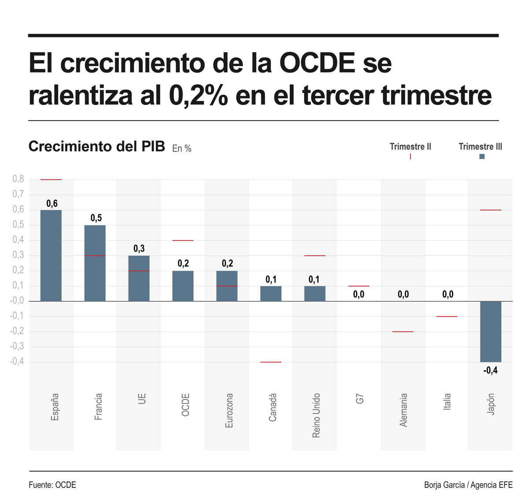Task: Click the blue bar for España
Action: [x=51, y=255]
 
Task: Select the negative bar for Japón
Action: [x=491, y=331]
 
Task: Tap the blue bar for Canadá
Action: [x=271, y=294]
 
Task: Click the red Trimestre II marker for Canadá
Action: [x=271, y=362]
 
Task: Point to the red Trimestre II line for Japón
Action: [x=491, y=210]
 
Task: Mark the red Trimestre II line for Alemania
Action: [x=403, y=332]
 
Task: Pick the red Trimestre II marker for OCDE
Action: [x=183, y=240]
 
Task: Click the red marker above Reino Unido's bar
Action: [x=315, y=255]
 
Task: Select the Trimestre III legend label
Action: [x=480, y=147]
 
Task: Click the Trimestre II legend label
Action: [x=410, y=147]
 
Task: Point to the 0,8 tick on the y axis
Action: [x=18, y=179]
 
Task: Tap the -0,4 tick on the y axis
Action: [x=17, y=362]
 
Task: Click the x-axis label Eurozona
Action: [x=229, y=410]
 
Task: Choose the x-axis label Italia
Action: [x=447, y=402]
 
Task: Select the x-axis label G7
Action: [x=359, y=399]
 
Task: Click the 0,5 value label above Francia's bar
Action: [x=96, y=218]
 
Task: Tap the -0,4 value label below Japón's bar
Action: [x=490, y=370]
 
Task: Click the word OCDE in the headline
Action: [x=317, y=63]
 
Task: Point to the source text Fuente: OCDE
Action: [x=52, y=485]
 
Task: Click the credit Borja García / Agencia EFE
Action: [x=468, y=485]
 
